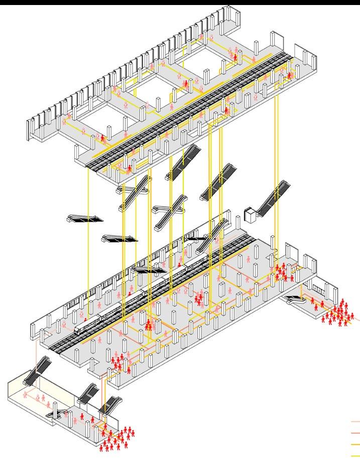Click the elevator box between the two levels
tap(249, 214)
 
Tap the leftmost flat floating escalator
tap(84, 218)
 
